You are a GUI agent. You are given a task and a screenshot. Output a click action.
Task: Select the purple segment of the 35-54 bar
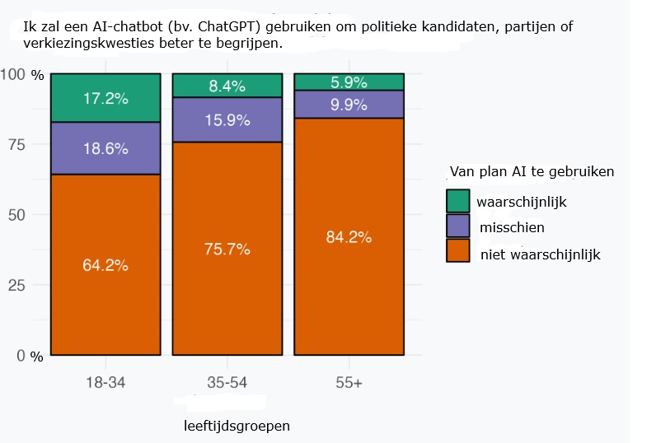(x=227, y=119)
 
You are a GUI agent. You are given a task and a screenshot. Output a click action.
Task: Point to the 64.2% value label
(x=105, y=265)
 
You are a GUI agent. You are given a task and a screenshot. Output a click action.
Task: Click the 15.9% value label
(x=227, y=119)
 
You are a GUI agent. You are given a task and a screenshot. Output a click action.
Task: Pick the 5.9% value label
(x=349, y=82)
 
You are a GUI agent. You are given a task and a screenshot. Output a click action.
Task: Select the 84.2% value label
(x=349, y=237)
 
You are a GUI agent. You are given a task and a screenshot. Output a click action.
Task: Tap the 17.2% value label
(x=105, y=99)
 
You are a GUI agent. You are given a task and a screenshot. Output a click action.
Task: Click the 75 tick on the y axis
(x=16, y=145)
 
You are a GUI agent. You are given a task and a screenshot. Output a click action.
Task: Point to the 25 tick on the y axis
(x=16, y=286)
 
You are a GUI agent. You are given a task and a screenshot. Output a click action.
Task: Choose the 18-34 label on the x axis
(x=105, y=383)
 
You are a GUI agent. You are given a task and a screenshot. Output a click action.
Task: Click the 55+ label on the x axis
(x=349, y=383)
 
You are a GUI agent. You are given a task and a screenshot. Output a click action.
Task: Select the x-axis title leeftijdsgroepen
(x=237, y=427)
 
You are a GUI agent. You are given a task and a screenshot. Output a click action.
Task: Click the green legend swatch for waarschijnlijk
(x=457, y=201)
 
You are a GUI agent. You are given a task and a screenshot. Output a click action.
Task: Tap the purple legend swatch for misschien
(x=457, y=226)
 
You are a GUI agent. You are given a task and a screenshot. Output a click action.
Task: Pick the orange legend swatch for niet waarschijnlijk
(x=457, y=250)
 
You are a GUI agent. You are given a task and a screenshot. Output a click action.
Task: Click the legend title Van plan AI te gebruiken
(x=532, y=172)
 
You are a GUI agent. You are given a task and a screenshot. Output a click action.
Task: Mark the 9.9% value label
(x=349, y=104)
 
